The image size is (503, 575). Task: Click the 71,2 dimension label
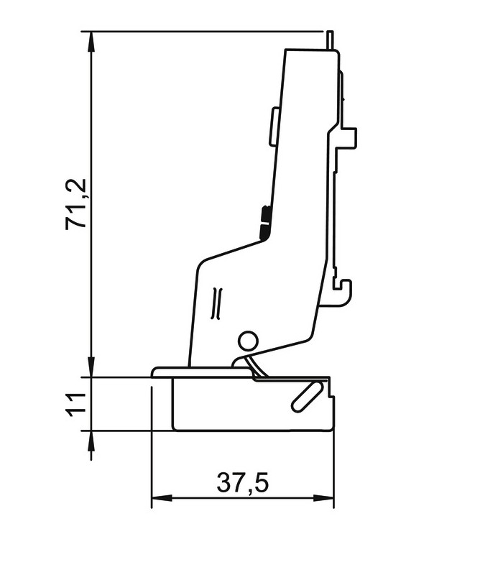(x=76, y=204)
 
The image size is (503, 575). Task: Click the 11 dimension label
(x=76, y=405)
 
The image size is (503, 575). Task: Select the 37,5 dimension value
(x=242, y=482)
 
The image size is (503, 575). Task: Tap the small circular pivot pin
(x=248, y=341)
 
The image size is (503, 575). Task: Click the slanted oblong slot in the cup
(x=308, y=396)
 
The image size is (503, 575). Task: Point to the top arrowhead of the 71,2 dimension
(x=91, y=42)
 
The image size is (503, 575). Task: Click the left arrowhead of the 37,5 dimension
(x=162, y=498)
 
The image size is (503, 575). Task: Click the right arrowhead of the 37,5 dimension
(x=323, y=498)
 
